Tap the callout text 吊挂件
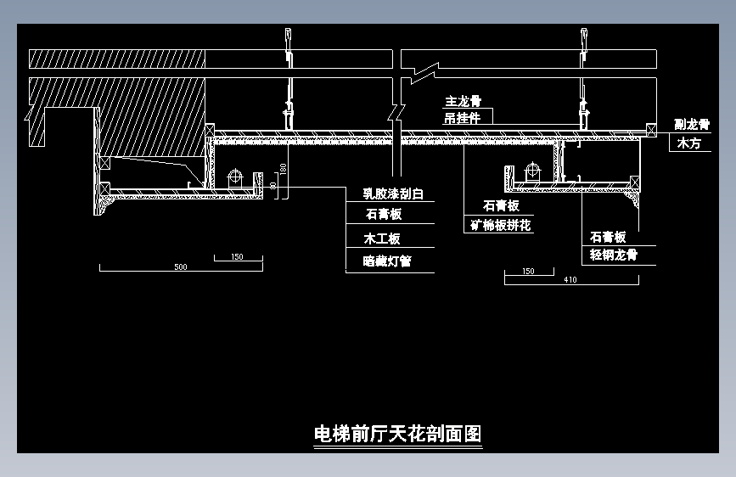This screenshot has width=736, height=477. [x=463, y=118]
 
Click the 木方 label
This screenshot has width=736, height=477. [x=688, y=144]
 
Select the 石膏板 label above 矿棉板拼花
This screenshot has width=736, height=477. [x=501, y=206]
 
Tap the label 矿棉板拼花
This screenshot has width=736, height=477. [x=501, y=226]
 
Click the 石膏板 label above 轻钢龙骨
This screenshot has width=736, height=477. [x=608, y=237]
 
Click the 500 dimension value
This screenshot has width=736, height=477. [x=180, y=267]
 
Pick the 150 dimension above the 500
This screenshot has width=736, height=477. [x=237, y=257]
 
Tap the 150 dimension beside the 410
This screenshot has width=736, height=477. [x=528, y=272]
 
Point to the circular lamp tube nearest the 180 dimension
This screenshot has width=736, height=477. [x=235, y=178]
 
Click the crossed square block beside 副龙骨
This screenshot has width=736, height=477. [x=651, y=130]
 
